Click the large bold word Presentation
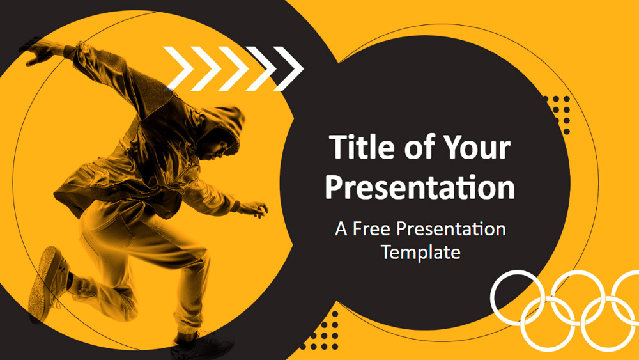(420, 187)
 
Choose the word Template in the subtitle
(420, 252)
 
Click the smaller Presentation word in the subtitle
(451, 229)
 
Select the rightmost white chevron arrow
(289, 68)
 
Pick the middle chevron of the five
(233, 68)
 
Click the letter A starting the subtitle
(341, 229)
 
